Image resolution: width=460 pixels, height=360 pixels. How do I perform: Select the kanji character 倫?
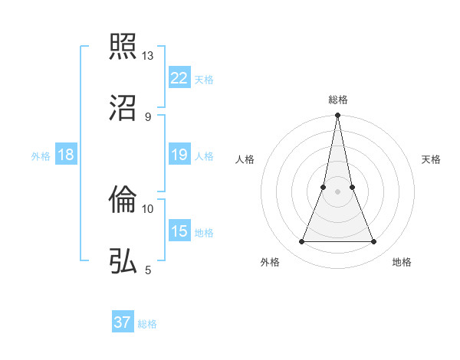(x=123, y=200)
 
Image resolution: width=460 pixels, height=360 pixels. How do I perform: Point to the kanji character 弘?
(x=123, y=260)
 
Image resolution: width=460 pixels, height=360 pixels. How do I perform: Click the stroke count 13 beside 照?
(x=148, y=56)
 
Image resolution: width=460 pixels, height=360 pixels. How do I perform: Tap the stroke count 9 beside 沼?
(x=148, y=116)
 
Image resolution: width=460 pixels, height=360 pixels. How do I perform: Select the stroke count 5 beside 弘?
(x=148, y=270)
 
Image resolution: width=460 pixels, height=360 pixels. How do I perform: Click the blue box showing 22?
(x=179, y=77)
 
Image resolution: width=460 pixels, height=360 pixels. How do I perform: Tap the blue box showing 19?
(x=179, y=155)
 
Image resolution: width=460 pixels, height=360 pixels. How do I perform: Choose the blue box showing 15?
(x=179, y=231)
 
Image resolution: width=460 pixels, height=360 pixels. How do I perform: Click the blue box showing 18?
(x=66, y=155)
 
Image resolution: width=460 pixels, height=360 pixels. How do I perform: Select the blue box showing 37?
(x=123, y=322)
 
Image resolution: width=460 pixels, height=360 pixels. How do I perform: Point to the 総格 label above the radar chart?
(x=338, y=100)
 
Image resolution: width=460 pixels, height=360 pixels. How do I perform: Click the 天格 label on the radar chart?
(x=432, y=159)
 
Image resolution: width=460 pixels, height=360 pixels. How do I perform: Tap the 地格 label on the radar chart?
(x=402, y=262)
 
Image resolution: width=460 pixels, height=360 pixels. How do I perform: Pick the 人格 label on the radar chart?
(x=245, y=159)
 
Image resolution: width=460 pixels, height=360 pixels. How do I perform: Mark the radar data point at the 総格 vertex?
(x=338, y=116)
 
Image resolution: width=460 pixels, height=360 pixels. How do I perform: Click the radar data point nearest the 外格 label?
(x=301, y=242)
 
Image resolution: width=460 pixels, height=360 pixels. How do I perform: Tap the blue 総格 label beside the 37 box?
(x=147, y=324)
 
